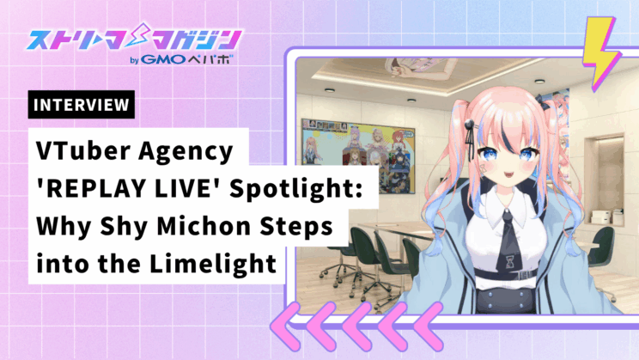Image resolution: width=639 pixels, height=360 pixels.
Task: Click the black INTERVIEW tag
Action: (x=81, y=104)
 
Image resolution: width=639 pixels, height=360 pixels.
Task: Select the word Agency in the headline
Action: (x=186, y=152)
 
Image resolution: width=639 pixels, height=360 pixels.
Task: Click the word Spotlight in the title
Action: (x=295, y=189)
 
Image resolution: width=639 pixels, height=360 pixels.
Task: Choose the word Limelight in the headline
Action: (x=213, y=264)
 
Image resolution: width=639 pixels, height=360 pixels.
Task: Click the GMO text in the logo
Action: (x=163, y=59)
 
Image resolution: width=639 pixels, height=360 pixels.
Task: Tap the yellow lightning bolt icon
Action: (x=600, y=53)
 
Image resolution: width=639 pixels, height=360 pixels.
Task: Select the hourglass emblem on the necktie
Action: (x=509, y=261)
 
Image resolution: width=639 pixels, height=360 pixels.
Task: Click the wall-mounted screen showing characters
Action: (x=358, y=156)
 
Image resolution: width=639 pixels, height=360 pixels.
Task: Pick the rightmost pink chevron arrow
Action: (x=428, y=326)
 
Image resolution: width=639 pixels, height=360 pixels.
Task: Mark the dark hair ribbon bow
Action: (x=543, y=102)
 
